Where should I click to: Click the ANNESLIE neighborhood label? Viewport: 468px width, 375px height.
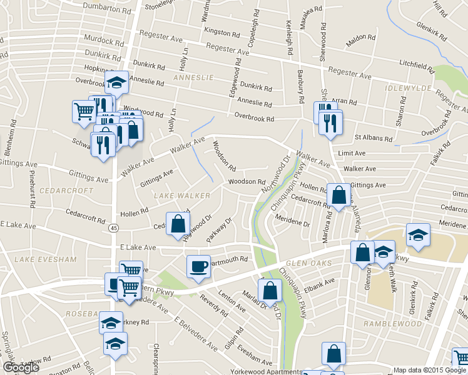(193, 77)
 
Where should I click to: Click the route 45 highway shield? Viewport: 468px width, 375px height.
(113, 229)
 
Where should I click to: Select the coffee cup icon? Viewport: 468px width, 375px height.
(199, 267)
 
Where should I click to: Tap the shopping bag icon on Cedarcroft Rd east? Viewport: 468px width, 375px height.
(338, 196)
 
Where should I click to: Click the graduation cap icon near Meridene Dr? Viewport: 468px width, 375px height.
(418, 236)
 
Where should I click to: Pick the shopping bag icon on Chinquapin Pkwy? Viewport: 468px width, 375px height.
(270, 291)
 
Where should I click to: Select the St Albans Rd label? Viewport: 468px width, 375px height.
(374, 137)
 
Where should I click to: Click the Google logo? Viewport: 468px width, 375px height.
(21, 367)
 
